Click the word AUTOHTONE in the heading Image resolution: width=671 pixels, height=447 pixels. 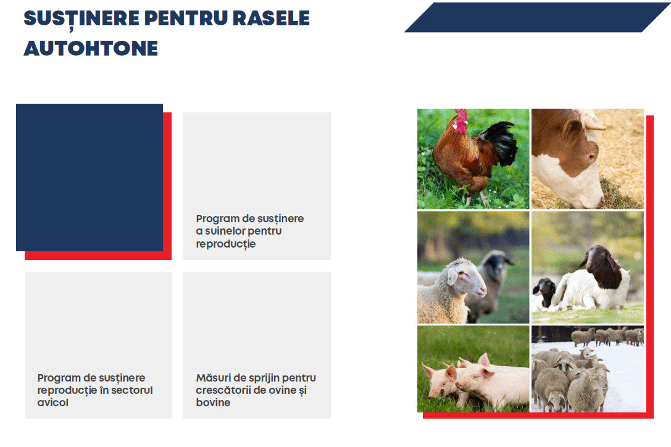point(91,48)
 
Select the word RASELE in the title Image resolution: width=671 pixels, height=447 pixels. point(271,18)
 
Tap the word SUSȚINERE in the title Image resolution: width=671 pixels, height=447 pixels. point(81,19)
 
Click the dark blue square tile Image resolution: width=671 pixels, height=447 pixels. point(90,177)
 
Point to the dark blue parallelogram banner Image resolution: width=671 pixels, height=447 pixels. point(537,17)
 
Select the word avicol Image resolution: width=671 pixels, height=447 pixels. point(52,403)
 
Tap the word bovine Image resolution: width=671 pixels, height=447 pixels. point(213,403)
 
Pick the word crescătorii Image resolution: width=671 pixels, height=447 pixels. point(223,390)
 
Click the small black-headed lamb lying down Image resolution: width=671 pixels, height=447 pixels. point(544,293)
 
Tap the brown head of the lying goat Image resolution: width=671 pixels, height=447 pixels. point(602,266)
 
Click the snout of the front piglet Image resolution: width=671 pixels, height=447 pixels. point(461,385)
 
